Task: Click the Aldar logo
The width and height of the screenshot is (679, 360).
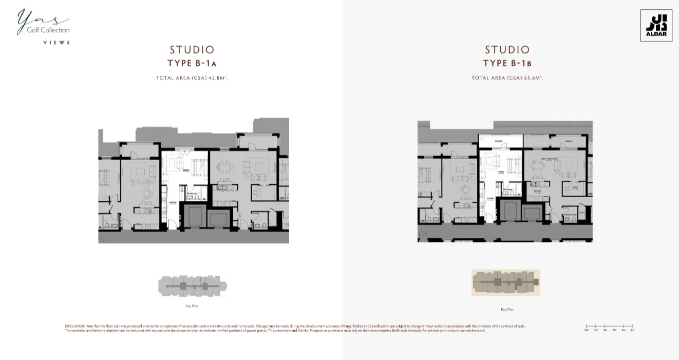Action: [656, 26]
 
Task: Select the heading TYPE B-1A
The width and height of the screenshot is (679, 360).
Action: [192, 64]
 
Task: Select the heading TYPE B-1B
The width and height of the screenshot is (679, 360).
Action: [507, 64]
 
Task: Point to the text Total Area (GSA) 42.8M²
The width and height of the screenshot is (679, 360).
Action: [192, 78]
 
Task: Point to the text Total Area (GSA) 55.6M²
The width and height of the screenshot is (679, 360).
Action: [507, 78]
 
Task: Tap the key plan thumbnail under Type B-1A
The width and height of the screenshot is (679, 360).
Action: [193, 286]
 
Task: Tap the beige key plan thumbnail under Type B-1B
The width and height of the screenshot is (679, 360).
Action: [506, 282]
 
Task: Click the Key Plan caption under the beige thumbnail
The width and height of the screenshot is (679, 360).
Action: [507, 310]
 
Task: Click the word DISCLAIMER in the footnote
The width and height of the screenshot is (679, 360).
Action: [74, 326]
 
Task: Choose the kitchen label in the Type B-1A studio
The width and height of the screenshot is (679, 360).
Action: [173, 203]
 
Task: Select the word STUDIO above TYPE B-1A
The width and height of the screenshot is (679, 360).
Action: [192, 50]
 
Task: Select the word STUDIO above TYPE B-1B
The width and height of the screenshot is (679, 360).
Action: [507, 50]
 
